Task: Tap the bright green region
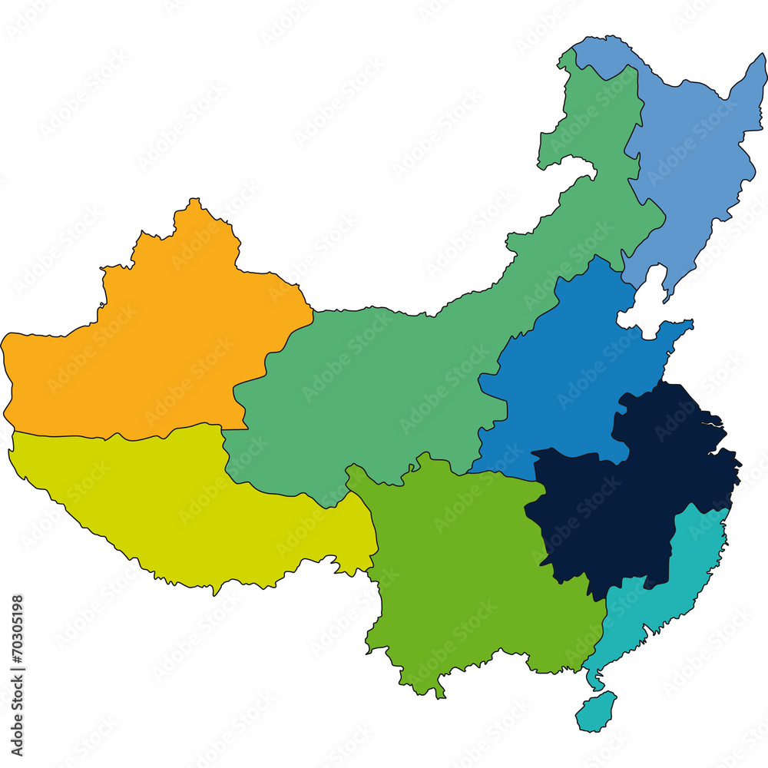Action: coord(461,568)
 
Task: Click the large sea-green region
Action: coord(369,384)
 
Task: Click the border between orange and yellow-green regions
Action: coord(115,437)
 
